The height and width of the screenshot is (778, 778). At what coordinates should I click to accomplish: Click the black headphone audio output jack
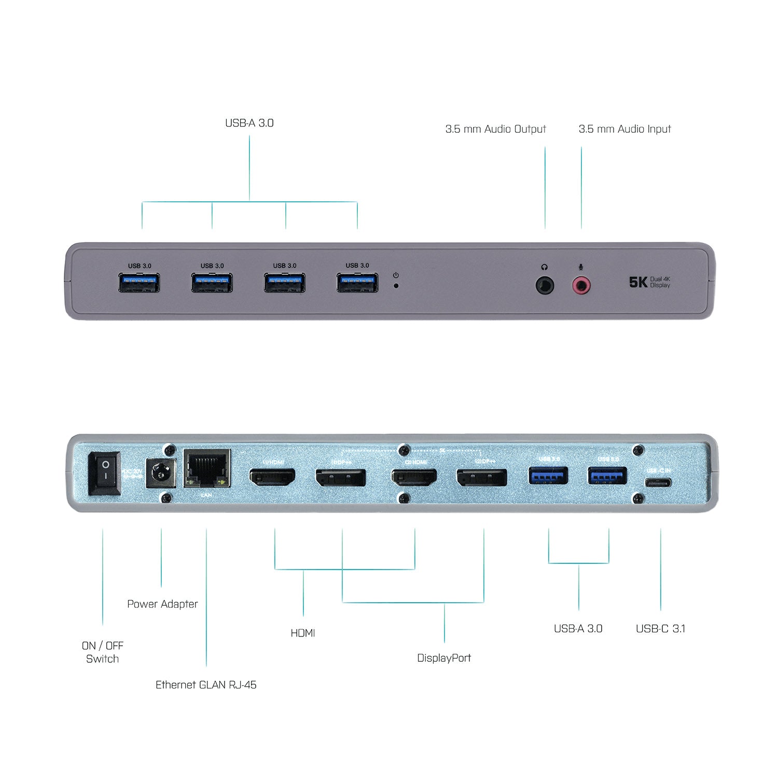[x=545, y=285]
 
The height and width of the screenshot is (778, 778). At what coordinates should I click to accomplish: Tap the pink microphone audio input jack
[x=581, y=285]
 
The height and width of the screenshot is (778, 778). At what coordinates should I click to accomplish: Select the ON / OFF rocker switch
[x=105, y=474]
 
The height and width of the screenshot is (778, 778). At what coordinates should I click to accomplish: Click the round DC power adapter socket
[x=160, y=473]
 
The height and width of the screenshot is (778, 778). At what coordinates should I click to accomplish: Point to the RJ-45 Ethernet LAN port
[x=207, y=469]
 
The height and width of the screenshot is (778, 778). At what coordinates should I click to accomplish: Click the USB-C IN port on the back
[x=658, y=483]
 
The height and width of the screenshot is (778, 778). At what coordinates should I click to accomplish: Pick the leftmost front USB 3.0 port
[x=139, y=283]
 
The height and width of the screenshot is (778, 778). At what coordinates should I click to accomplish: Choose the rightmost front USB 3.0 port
[x=357, y=283]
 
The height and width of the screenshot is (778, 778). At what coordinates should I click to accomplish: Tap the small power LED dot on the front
[x=396, y=285]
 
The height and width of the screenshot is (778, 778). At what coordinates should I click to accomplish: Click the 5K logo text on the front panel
[x=638, y=282]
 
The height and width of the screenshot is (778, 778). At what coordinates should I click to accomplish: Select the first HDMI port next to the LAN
[x=272, y=477]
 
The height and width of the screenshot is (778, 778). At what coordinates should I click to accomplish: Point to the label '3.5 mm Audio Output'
[x=495, y=129]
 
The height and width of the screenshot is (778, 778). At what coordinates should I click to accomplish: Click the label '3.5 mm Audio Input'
[x=624, y=129]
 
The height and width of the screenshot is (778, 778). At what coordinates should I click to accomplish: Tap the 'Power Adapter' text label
[x=162, y=604]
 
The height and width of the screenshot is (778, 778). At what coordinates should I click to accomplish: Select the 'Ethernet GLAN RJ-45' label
[x=206, y=685]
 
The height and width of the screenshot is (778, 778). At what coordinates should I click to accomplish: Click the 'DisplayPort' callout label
[x=444, y=658]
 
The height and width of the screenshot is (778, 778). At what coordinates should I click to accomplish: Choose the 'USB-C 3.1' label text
[x=660, y=629]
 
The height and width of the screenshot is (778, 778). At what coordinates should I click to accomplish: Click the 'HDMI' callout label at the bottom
[x=303, y=633]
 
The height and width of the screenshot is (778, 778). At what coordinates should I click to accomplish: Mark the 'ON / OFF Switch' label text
[x=102, y=652]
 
